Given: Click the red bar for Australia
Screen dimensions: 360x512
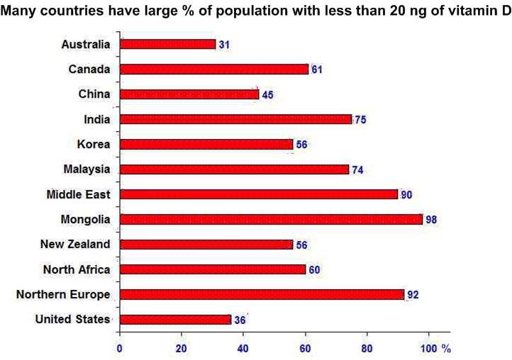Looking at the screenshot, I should tap(167, 44).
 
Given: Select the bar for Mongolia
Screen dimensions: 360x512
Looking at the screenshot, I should tap(271, 219).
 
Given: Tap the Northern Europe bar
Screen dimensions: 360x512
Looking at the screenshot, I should tap(262, 294).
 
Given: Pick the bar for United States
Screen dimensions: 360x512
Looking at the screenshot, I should tap(175, 319).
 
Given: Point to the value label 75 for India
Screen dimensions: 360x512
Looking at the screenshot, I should tap(360, 120).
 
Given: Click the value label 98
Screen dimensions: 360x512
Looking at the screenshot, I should tap(431, 220).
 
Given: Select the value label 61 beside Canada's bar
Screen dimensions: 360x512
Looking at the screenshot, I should tap(317, 69).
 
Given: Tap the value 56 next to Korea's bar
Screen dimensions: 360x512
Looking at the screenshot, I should tap(301, 145).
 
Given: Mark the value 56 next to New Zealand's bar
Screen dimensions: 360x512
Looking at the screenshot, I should tap(301, 244).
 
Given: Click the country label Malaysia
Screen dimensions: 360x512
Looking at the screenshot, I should tap(87, 169).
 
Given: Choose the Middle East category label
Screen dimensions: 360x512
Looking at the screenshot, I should tap(78, 194).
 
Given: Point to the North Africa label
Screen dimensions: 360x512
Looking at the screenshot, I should tap(77, 269).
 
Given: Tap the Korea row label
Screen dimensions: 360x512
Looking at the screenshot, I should tap(93, 144).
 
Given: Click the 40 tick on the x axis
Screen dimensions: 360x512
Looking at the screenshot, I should tap(243, 348).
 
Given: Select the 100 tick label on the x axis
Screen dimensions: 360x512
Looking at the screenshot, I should tap(429, 348).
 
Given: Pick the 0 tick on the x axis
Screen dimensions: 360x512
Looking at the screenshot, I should tap(120, 348).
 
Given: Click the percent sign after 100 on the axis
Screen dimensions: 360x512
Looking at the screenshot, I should tap(446, 348).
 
